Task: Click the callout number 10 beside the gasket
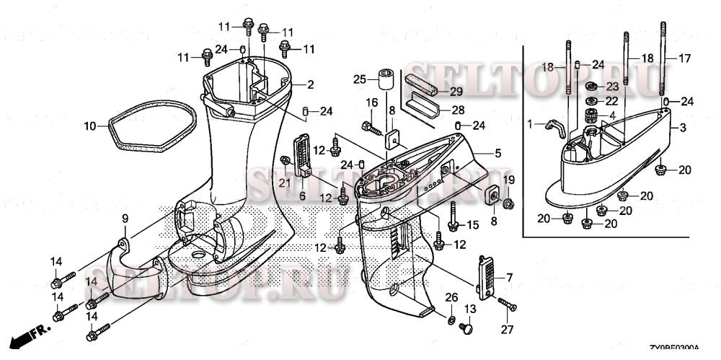(x=89, y=126)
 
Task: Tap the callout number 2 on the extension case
(x=310, y=84)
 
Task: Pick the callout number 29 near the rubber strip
(x=456, y=91)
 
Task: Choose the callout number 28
(x=456, y=110)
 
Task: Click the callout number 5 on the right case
(x=497, y=153)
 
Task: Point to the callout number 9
(x=124, y=218)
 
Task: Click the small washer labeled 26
(x=451, y=319)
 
